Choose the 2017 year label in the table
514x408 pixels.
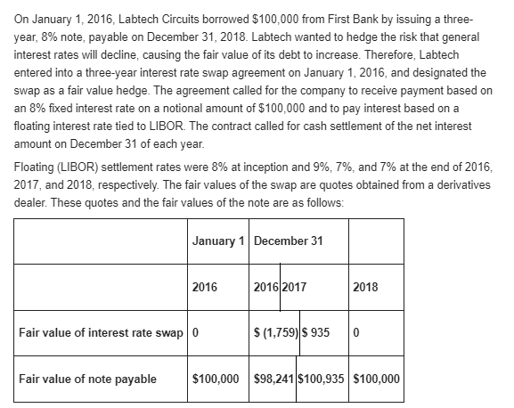pyautogui.click(x=295, y=287)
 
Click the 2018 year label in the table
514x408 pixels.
pyautogui.click(x=365, y=287)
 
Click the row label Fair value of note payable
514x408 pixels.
pyautogui.click(x=87, y=378)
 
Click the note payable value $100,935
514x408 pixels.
pyautogui.click(x=323, y=378)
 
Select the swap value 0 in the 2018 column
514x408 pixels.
pyautogui.click(x=355, y=333)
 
